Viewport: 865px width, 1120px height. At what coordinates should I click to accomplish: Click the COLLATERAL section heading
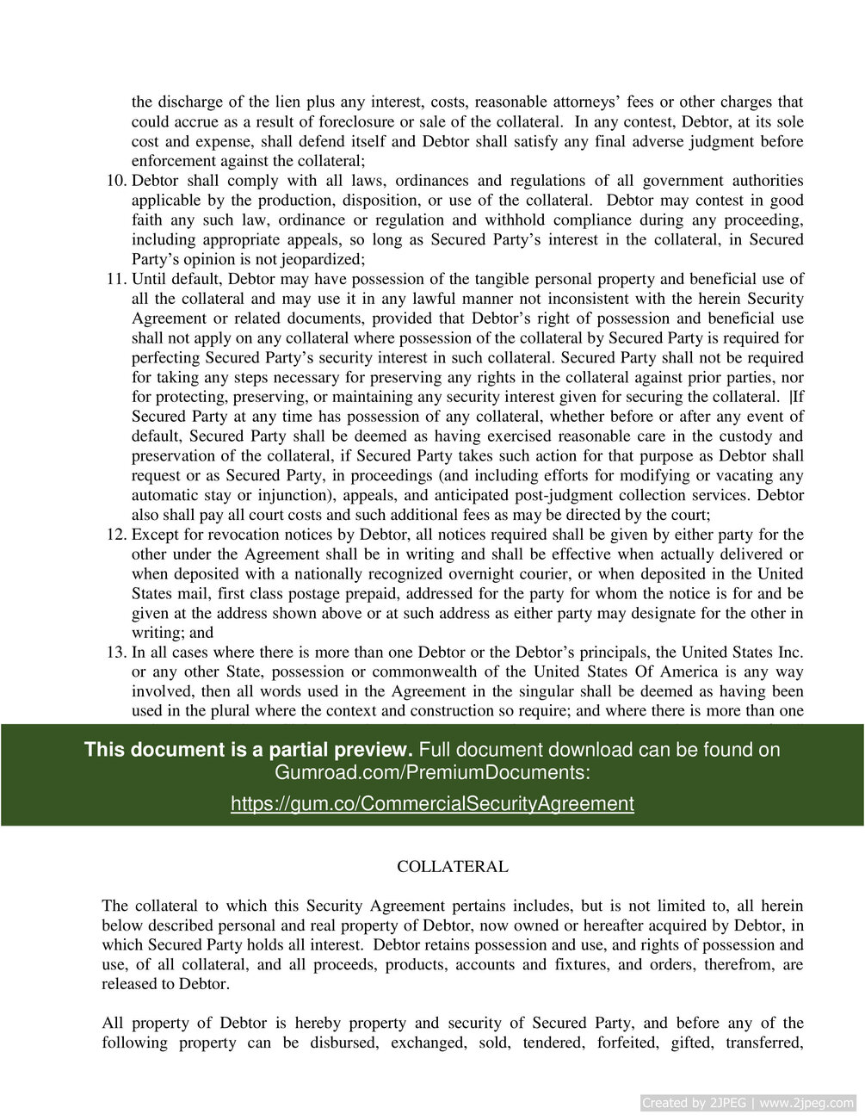point(452,867)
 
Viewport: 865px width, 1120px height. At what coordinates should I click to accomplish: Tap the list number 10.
point(116,181)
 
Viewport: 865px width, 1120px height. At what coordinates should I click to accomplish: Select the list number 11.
point(116,279)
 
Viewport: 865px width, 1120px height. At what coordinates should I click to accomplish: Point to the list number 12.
point(116,535)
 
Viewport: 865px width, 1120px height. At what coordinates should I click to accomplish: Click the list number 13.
point(116,653)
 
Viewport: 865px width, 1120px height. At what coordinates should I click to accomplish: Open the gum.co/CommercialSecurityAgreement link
point(432,804)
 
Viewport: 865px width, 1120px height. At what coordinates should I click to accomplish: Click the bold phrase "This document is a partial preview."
point(248,750)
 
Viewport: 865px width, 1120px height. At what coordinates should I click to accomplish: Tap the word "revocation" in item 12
point(224,535)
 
